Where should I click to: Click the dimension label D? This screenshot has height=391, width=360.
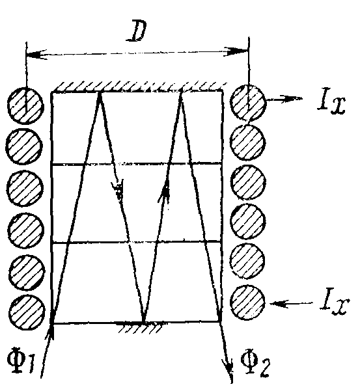[x=137, y=31]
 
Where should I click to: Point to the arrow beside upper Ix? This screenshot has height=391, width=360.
[x=284, y=99]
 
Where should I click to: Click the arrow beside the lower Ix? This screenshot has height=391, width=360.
[x=291, y=303]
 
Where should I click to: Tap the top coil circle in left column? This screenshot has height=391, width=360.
[x=25, y=105]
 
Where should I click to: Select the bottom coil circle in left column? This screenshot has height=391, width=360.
[x=27, y=312]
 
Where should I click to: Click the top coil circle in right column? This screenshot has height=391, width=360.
[x=248, y=103]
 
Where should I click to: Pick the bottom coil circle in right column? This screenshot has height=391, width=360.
[x=247, y=303]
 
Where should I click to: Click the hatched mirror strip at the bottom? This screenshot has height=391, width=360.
[x=140, y=327]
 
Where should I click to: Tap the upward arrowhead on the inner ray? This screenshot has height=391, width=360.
[x=164, y=190]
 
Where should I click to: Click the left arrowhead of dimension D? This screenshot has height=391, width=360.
[x=36, y=54]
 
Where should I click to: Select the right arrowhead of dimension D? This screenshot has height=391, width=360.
[x=236, y=51]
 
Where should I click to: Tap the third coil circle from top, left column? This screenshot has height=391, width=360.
[x=25, y=188]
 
